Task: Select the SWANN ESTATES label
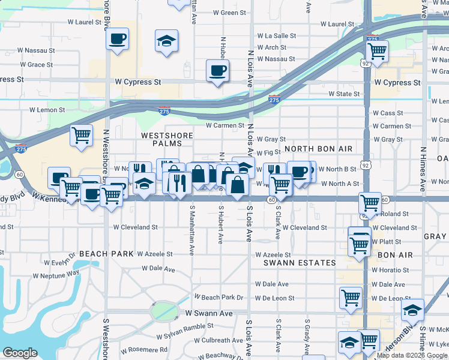tap(300, 263)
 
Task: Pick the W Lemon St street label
tap(47, 110)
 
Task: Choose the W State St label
tap(343, 94)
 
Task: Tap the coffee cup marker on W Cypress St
tap(217, 71)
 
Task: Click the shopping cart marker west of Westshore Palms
tap(81, 134)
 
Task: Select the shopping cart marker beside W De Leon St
tap(350, 297)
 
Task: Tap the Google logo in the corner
tap(20, 352)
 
